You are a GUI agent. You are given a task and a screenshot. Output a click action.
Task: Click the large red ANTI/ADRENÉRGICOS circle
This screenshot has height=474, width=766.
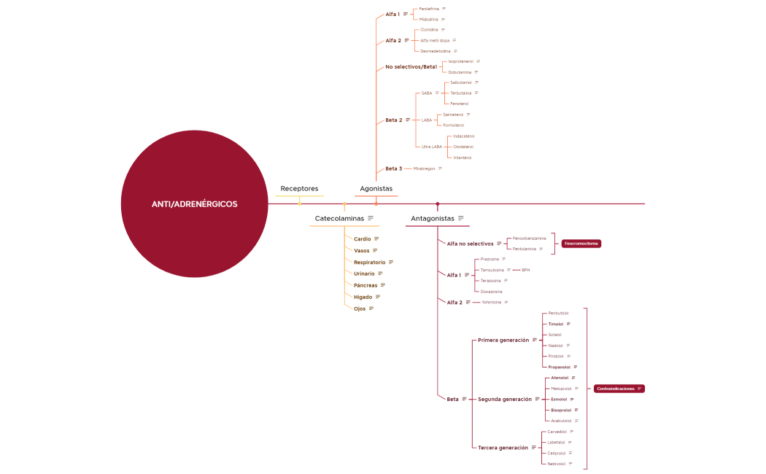click(194, 204)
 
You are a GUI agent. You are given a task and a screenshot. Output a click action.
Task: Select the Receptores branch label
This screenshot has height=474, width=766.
click(299, 189)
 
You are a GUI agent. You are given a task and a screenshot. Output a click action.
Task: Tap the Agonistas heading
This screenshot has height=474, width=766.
click(376, 189)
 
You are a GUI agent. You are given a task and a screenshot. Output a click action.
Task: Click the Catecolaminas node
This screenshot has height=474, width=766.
click(339, 219)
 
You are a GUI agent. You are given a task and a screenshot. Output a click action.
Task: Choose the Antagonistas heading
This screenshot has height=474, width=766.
click(432, 219)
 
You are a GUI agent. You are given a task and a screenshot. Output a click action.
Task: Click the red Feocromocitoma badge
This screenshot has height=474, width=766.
click(581, 244)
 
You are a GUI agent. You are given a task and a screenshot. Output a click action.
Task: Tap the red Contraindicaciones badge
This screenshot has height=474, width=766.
click(616, 389)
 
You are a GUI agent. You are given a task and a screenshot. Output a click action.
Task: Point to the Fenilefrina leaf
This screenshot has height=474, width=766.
click(429, 9)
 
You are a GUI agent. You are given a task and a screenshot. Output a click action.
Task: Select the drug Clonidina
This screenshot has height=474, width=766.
click(429, 30)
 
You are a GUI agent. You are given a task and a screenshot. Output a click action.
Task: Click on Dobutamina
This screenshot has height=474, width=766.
click(460, 72)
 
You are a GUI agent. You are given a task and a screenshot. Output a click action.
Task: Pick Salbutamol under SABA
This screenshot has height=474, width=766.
click(461, 82)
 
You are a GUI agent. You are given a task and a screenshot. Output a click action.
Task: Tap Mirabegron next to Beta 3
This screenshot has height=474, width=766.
click(424, 168)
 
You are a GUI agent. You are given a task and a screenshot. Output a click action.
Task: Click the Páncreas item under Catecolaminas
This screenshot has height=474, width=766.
click(365, 285)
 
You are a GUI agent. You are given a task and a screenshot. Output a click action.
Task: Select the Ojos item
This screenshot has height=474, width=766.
click(360, 308)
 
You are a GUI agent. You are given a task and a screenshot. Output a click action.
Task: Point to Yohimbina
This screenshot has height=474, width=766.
click(491, 302)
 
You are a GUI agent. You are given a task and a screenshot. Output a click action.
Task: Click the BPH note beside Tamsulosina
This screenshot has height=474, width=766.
click(526, 270)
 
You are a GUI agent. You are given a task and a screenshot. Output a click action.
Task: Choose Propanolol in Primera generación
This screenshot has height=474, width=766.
click(560, 367)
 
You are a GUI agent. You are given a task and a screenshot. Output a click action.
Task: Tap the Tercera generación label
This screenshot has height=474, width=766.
click(503, 448)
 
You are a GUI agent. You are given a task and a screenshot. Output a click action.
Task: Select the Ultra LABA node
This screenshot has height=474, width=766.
click(432, 147)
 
